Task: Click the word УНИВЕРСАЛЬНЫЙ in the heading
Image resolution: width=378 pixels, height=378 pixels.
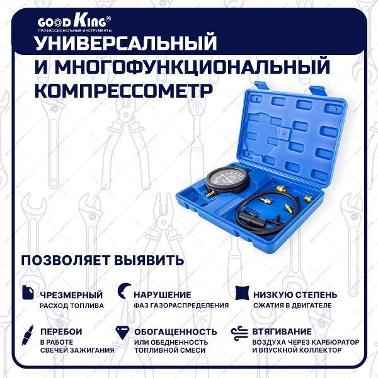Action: click(x=124, y=43)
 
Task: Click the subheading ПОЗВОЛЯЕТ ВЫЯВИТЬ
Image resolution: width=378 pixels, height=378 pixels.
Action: click(x=103, y=260)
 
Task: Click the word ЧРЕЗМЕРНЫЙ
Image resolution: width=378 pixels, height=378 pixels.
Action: click(x=71, y=294)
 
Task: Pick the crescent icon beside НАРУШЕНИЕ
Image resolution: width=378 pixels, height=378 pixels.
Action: click(x=123, y=292)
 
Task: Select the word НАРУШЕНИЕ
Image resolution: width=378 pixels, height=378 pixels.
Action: click(x=162, y=294)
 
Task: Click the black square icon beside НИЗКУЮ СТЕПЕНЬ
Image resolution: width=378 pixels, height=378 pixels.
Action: click(x=241, y=293)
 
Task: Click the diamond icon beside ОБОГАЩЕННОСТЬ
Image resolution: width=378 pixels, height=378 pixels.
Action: click(x=123, y=332)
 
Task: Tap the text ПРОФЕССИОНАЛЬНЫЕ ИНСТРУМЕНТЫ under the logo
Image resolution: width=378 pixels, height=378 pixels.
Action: click(x=75, y=30)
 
